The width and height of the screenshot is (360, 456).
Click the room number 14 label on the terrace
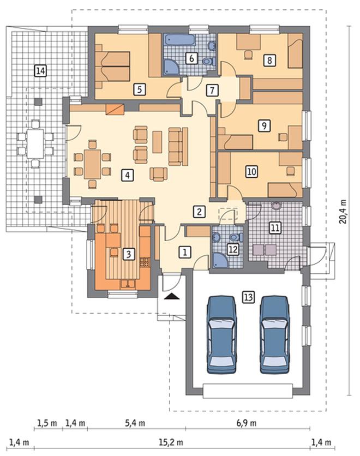[x=40, y=71]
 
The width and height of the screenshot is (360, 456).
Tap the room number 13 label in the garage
[x=249, y=297]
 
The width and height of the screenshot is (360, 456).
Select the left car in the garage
[x=221, y=335]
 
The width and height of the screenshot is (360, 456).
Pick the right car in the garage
[x=275, y=335]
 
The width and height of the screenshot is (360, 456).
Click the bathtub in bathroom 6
[x=179, y=40]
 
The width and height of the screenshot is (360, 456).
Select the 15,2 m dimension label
[x=171, y=442]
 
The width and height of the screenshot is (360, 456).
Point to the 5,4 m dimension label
[x=135, y=423]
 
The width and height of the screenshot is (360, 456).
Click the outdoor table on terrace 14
[x=35, y=143]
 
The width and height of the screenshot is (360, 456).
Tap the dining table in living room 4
[x=93, y=164]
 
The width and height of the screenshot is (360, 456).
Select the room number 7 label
[x=212, y=90]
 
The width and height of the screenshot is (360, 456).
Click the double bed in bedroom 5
[x=112, y=67]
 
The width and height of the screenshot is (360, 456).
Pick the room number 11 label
[x=275, y=227]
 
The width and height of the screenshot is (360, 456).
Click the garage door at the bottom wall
[x=248, y=391]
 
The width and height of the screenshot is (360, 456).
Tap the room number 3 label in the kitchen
[x=129, y=254]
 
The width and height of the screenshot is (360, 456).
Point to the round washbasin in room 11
[x=276, y=205]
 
